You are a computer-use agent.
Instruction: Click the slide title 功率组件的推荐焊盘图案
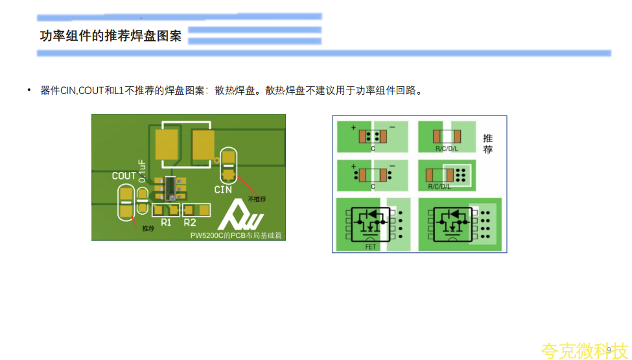click(110, 36)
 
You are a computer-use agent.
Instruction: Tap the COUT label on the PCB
click(124, 176)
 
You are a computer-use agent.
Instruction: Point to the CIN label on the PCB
click(223, 189)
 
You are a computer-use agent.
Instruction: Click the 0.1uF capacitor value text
click(142, 171)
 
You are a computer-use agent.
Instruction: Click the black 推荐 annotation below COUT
click(148, 228)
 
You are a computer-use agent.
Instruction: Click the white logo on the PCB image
click(240, 214)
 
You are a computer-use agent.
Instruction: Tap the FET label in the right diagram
click(371, 247)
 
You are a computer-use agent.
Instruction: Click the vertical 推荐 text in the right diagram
click(488, 144)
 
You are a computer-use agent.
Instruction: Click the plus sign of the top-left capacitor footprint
click(353, 128)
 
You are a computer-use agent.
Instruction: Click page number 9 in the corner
click(609, 350)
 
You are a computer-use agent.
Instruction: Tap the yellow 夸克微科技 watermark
click(584, 350)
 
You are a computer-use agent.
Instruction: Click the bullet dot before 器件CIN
click(29, 90)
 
